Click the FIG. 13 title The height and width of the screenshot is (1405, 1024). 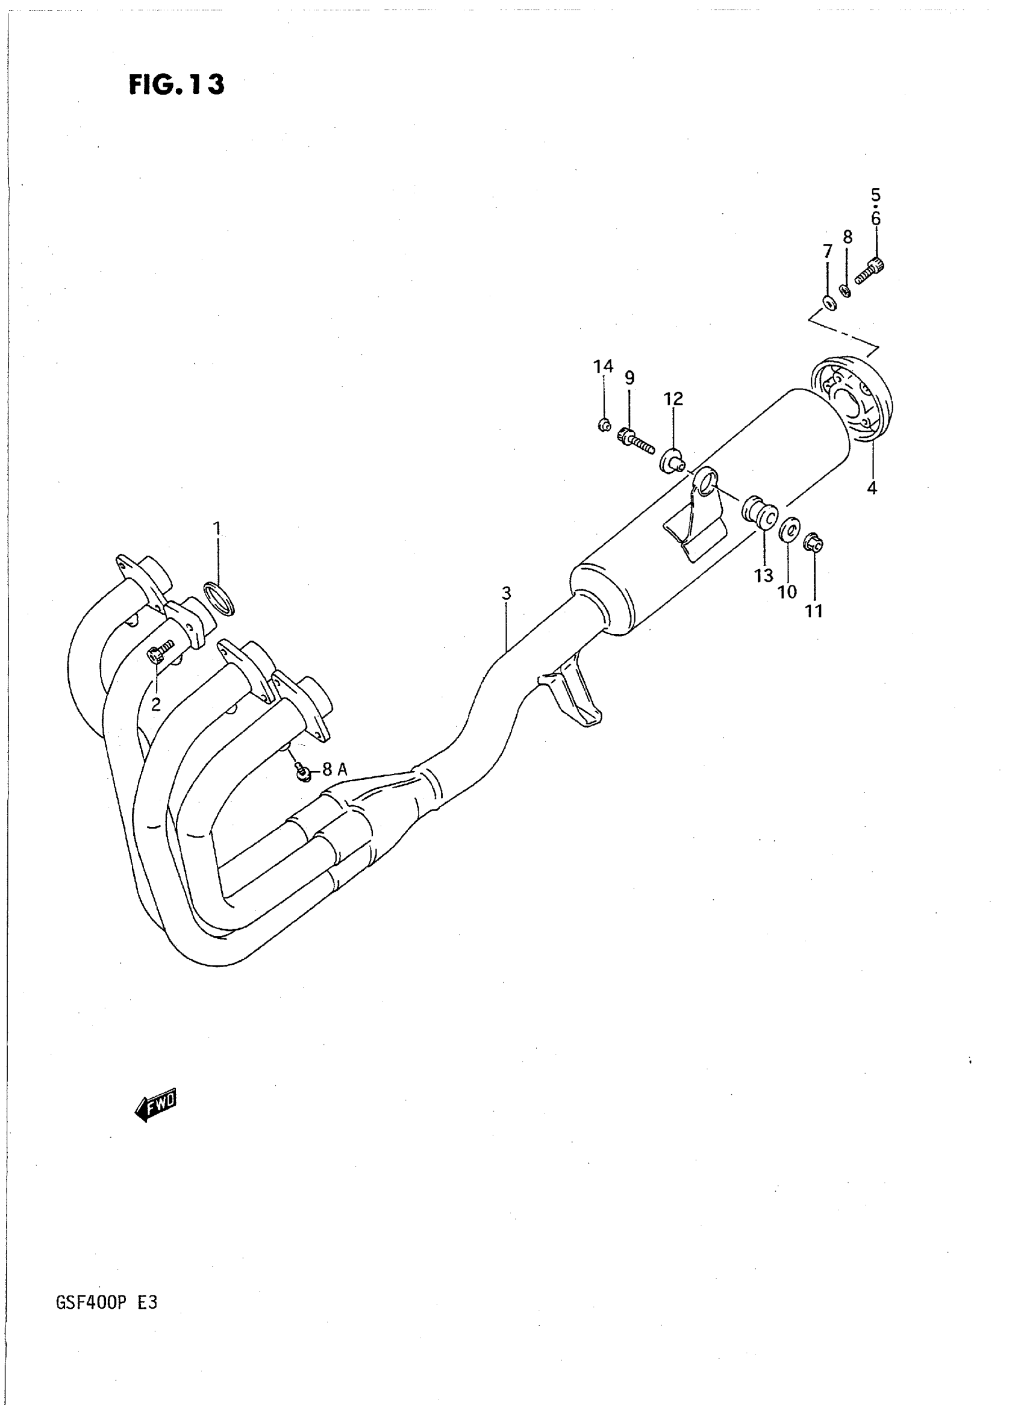click(176, 85)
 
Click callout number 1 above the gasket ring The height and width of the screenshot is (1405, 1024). click(217, 529)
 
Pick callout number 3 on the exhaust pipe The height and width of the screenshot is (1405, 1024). click(507, 593)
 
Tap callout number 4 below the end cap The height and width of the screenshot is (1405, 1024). click(872, 488)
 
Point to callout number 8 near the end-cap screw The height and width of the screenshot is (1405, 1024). click(848, 237)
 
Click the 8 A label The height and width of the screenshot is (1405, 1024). click(334, 770)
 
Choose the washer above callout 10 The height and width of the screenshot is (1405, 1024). click(788, 529)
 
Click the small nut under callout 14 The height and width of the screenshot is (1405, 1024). click(604, 425)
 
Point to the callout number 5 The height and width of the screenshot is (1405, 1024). click(875, 195)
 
